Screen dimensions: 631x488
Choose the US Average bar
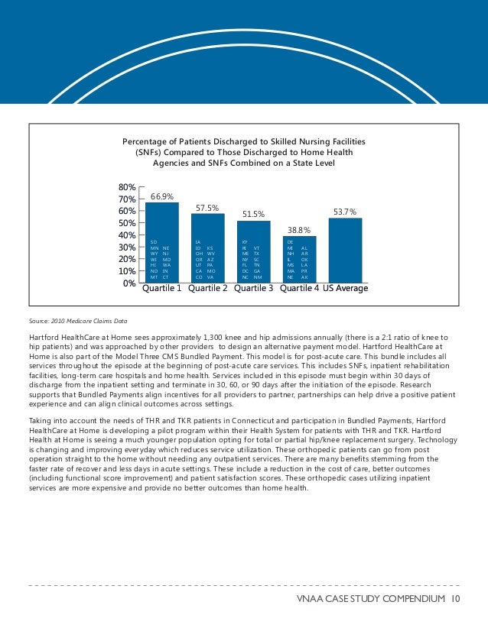(345, 250)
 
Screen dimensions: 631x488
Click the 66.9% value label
(161, 196)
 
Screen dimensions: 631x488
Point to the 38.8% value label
(299, 230)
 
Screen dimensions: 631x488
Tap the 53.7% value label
(345, 212)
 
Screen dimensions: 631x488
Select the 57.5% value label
(207, 208)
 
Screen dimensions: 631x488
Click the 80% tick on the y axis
(127, 186)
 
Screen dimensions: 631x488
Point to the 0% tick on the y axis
(130, 283)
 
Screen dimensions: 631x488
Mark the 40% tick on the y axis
(127, 235)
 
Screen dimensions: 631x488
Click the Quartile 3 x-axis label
(254, 289)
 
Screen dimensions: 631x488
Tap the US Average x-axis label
(346, 289)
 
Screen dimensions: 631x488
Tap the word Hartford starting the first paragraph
(44, 337)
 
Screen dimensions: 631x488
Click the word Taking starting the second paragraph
(40, 421)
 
